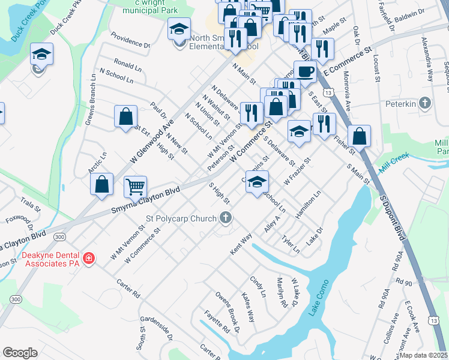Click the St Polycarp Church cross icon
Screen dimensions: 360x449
click(226, 218)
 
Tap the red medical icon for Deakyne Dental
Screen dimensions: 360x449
click(89, 258)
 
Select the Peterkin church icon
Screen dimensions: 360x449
click(426, 103)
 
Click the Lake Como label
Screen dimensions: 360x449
click(319, 299)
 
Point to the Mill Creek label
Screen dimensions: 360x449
click(394, 156)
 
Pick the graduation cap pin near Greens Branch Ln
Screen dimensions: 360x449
click(41, 55)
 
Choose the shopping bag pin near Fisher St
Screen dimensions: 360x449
click(359, 136)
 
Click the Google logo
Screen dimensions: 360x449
click(20, 353)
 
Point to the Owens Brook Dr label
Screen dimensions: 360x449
click(228, 313)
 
